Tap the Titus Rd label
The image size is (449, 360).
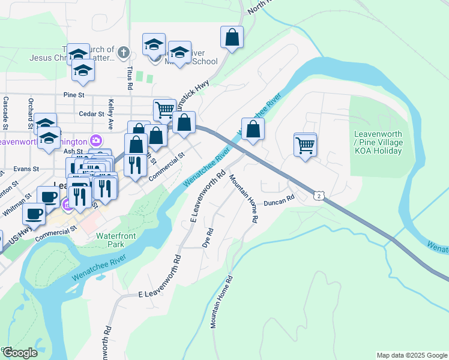(x=128, y=74)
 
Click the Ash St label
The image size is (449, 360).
(x=71, y=152)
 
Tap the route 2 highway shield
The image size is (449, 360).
(x=319, y=196)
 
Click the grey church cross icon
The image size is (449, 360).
(x=124, y=52)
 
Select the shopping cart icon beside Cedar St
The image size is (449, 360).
(x=164, y=110)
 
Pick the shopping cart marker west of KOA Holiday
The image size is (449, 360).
(x=306, y=144)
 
